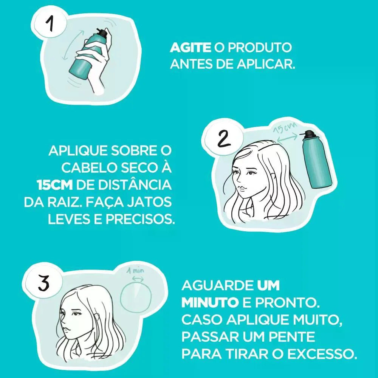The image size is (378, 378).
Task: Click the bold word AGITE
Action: point(190,48)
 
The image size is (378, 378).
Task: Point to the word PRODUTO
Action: point(260,48)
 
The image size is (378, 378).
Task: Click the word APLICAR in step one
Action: point(266,64)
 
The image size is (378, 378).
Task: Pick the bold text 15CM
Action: point(55,185)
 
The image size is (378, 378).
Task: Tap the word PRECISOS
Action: point(140,219)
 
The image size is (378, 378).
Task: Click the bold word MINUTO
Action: point(210,303)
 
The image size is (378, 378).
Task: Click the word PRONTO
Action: point(287,303)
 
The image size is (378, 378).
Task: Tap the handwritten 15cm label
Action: point(285,127)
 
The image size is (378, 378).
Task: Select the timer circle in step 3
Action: point(136,297)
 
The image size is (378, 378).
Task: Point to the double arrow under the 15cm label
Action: point(287,138)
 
